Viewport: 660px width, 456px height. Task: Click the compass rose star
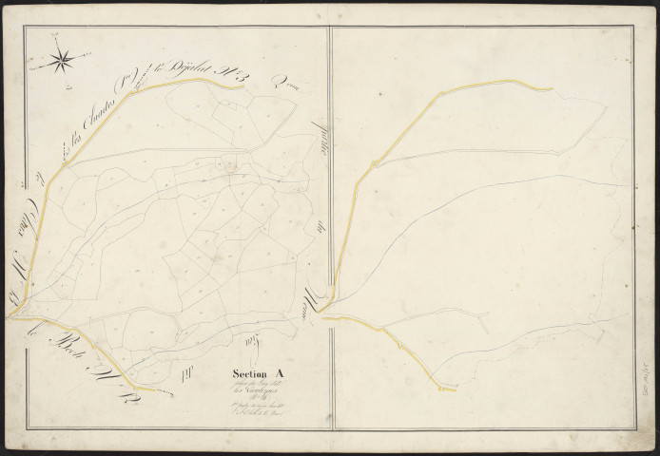(61, 61)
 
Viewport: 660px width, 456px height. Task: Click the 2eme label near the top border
(284, 85)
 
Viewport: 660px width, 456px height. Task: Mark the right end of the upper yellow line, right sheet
(551, 89)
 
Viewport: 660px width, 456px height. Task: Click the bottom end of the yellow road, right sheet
(454, 389)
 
